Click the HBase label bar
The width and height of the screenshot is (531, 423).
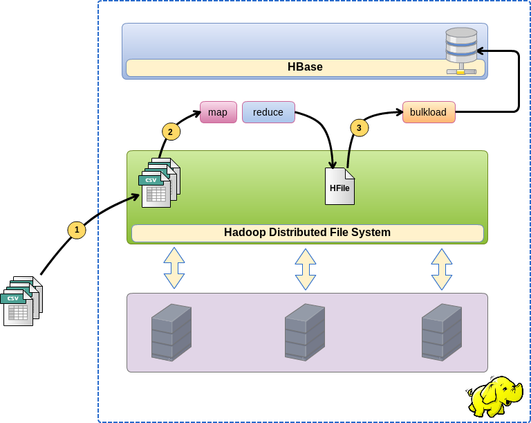305,67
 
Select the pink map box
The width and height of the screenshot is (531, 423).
218,112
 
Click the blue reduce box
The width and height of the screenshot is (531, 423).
268,112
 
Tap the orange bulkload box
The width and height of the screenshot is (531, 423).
429,112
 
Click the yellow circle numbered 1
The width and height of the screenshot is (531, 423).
77,230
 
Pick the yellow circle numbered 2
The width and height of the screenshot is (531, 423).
171,132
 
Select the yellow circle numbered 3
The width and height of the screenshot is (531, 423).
359,127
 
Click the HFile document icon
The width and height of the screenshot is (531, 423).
339,186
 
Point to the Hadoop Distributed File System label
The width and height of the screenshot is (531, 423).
307,233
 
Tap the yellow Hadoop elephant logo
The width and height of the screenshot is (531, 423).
494,396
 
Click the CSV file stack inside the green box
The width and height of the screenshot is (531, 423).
159,183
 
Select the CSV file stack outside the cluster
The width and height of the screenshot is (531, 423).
21,301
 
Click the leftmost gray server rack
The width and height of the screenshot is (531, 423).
171,332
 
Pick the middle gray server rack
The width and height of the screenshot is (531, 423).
305,332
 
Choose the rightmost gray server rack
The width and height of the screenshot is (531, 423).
442,332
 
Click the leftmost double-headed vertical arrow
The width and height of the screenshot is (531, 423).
174,268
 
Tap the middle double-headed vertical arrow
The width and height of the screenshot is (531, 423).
306,269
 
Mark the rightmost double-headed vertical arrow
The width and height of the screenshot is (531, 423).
442,269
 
